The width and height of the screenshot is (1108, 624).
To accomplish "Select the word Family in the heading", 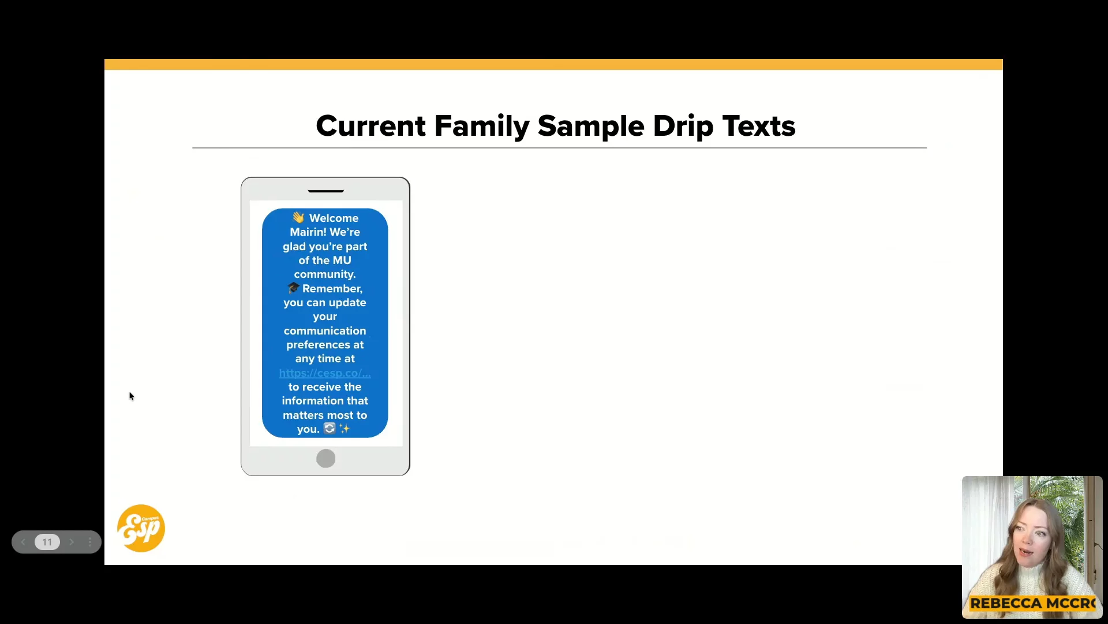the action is tap(481, 127).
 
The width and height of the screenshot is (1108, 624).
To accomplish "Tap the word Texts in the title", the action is tap(759, 126).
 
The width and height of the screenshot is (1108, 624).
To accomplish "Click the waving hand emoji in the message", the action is tap(298, 217).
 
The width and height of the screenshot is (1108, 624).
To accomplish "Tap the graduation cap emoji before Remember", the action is tap(293, 288).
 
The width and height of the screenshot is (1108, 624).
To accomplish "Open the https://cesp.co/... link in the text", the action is tap(325, 373).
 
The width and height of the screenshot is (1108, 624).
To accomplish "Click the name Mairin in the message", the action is tap(308, 232).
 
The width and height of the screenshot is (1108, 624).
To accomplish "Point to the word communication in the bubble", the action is tap(325, 331).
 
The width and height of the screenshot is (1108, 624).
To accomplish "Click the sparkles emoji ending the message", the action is tap(345, 429).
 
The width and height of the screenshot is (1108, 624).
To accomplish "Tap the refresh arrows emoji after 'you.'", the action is tap(330, 428).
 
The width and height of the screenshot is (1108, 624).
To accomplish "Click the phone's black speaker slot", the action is tap(326, 191).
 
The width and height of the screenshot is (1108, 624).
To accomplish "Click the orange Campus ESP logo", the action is tap(141, 528).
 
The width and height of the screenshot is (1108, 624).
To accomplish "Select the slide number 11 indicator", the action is tap(47, 542).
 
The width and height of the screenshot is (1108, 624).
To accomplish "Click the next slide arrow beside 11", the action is tap(72, 542).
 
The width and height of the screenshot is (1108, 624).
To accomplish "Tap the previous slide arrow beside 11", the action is tap(23, 542).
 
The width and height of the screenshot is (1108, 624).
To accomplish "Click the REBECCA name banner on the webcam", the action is tap(1033, 603).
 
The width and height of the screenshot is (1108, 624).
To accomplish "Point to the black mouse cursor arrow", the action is tap(132, 396).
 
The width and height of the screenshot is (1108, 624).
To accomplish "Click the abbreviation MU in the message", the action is tap(342, 261).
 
